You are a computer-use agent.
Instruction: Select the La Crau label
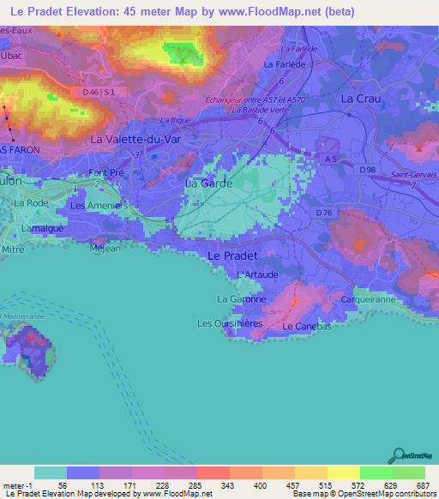360,99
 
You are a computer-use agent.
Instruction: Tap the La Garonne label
241,299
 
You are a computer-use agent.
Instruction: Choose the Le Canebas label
301,327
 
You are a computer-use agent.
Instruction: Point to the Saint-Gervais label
413,174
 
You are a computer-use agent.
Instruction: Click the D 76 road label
323,212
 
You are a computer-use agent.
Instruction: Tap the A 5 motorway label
330,158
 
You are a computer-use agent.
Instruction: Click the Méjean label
104,249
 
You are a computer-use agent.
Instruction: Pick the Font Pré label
106,172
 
